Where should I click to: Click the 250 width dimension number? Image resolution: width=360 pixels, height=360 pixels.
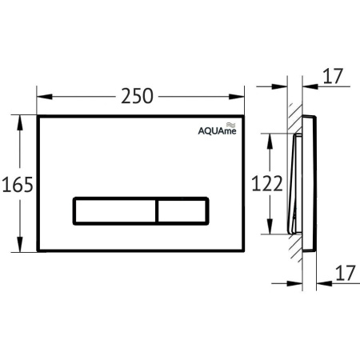[x=137, y=96]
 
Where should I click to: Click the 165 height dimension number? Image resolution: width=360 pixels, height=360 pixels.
[x=18, y=185]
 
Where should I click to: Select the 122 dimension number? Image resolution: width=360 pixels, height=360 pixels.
[x=267, y=183]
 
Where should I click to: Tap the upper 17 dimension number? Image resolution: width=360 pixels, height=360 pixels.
[x=333, y=76]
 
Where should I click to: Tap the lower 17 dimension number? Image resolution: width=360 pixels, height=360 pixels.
[x=346, y=273]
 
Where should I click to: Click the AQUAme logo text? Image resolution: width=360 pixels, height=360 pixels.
[x=217, y=131]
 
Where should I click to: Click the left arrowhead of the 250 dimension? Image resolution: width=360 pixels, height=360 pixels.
[x=45, y=97]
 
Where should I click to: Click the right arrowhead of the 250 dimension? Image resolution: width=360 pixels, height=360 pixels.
[x=237, y=97]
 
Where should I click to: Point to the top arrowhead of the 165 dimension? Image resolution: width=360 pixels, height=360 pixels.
[x=19, y=122]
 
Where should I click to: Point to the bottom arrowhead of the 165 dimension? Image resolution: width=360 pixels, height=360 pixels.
[x=19, y=244]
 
